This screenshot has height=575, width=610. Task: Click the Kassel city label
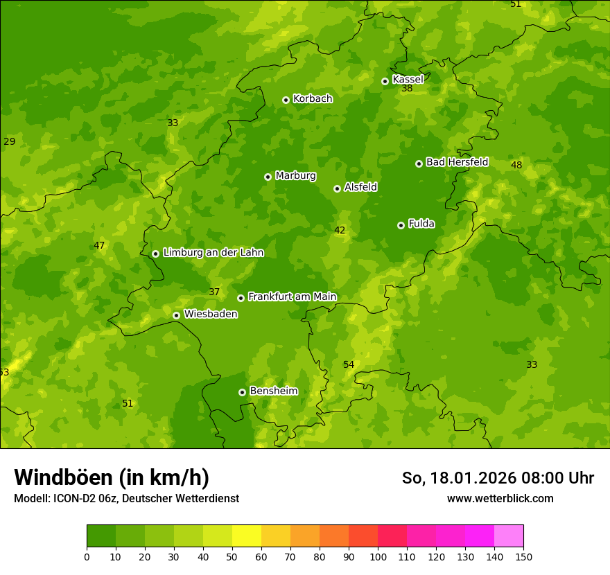point(408,80)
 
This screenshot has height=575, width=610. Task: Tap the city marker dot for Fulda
point(401,225)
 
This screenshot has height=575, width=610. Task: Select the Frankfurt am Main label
point(292,297)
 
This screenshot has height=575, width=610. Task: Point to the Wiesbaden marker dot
point(176,315)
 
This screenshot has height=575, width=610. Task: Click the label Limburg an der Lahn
point(213,253)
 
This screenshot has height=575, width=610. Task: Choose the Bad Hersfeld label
point(457,162)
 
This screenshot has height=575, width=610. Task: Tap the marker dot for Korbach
point(286,100)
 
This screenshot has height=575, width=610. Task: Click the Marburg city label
point(295,176)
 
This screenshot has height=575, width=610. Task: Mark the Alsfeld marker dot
point(337,188)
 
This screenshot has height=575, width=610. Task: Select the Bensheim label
point(273,391)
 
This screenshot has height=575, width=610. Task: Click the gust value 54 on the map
point(349,364)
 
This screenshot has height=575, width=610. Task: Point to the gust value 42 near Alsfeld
point(340,230)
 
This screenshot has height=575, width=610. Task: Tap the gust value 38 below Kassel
point(407,89)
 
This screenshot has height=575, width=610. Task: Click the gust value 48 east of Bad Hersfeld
point(516,165)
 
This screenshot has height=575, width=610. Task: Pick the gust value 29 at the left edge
point(9,141)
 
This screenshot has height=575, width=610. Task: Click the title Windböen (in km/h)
point(112,477)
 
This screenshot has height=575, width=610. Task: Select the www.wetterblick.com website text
point(500,498)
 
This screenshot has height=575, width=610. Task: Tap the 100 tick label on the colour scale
point(378,556)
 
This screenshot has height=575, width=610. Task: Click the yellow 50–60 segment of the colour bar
point(247,536)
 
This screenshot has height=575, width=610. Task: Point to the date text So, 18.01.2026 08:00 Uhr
point(498,478)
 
